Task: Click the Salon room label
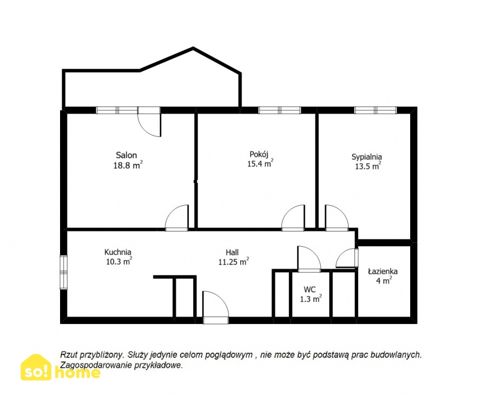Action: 127,155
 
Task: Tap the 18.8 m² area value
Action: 128,165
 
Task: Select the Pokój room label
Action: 259,154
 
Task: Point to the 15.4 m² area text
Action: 260,164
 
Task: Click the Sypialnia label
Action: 366,157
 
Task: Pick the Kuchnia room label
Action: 118,252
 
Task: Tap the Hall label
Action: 232,252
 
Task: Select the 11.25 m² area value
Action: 234,262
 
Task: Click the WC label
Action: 310,289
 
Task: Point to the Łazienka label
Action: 383,271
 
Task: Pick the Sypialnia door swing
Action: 337,217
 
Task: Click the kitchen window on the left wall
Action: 63,273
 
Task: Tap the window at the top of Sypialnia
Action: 376,110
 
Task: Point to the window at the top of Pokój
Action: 280,110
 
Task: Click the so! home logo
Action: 61,367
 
